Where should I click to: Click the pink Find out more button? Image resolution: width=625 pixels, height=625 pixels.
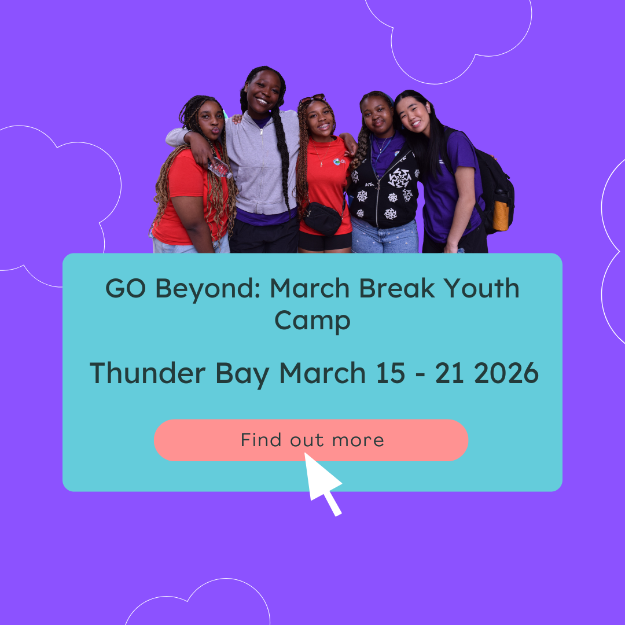click(311, 440)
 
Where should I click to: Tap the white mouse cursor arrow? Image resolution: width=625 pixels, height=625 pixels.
click(322, 483)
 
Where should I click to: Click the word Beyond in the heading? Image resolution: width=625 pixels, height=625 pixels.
click(208, 289)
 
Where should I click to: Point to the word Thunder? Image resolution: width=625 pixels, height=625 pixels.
click(148, 373)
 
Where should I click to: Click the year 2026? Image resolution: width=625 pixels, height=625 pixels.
click(506, 373)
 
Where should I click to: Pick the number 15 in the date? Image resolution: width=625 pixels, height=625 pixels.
click(391, 373)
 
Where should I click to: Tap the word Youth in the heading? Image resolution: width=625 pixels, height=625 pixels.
click(481, 288)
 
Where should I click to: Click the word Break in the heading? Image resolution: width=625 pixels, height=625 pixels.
click(396, 288)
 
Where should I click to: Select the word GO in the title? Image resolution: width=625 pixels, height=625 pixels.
click(126, 288)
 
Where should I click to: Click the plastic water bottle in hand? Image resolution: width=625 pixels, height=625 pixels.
click(220, 167)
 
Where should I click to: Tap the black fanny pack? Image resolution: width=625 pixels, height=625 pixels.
click(323, 218)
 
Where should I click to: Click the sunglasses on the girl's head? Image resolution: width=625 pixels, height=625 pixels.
click(312, 98)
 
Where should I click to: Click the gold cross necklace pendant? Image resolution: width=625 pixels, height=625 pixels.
click(321, 164)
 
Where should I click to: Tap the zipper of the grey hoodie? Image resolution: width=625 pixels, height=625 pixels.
click(262, 167)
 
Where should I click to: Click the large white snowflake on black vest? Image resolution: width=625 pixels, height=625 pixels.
click(399, 178)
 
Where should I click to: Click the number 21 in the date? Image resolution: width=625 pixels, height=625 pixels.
click(450, 373)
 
